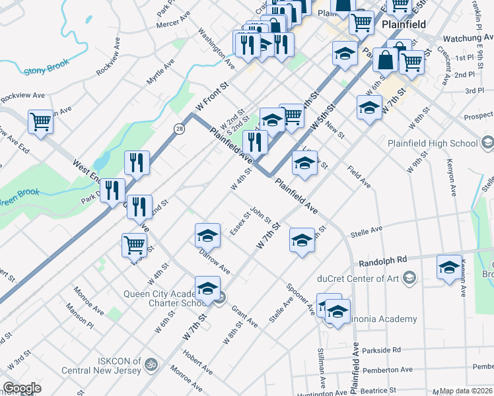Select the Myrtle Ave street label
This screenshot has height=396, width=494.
pos(160,72)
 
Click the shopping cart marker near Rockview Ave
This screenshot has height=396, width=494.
pos(40,121)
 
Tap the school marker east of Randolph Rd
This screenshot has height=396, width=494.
pos(449,267)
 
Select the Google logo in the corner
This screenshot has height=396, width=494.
pos(22,388)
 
